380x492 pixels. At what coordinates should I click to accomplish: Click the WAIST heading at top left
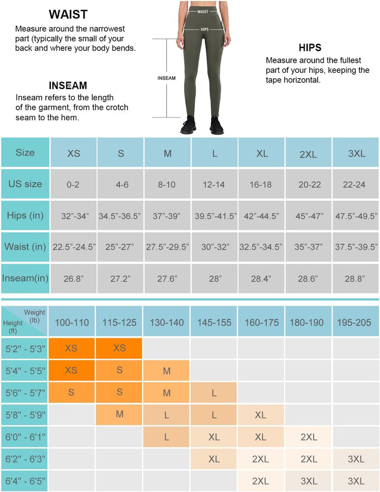(68, 14)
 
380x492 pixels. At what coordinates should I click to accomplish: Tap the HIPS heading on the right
(310, 47)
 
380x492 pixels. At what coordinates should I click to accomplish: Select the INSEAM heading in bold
(68, 85)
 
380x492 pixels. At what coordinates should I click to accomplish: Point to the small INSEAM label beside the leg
(166, 78)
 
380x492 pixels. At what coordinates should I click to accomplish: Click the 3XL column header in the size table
(356, 153)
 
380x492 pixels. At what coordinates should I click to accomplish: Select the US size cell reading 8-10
(167, 185)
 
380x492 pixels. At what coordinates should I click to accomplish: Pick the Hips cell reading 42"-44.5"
(262, 216)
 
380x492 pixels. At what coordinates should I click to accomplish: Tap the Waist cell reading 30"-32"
(215, 247)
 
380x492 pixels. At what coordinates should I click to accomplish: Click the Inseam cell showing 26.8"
(74, 278)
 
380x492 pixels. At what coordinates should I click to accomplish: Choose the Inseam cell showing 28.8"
(356, 278)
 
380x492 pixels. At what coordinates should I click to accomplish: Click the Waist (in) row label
(25, 247)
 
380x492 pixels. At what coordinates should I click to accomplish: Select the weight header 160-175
(262, 322)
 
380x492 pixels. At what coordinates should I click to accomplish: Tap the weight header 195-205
(356, 322)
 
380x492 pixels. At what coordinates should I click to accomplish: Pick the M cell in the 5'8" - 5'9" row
(120, 414)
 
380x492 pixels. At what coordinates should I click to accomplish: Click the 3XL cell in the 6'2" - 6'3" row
(356, 459)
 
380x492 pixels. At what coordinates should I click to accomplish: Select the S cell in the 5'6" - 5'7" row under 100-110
(72, 392)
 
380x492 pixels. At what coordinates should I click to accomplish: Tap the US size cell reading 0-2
(74, 185)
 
